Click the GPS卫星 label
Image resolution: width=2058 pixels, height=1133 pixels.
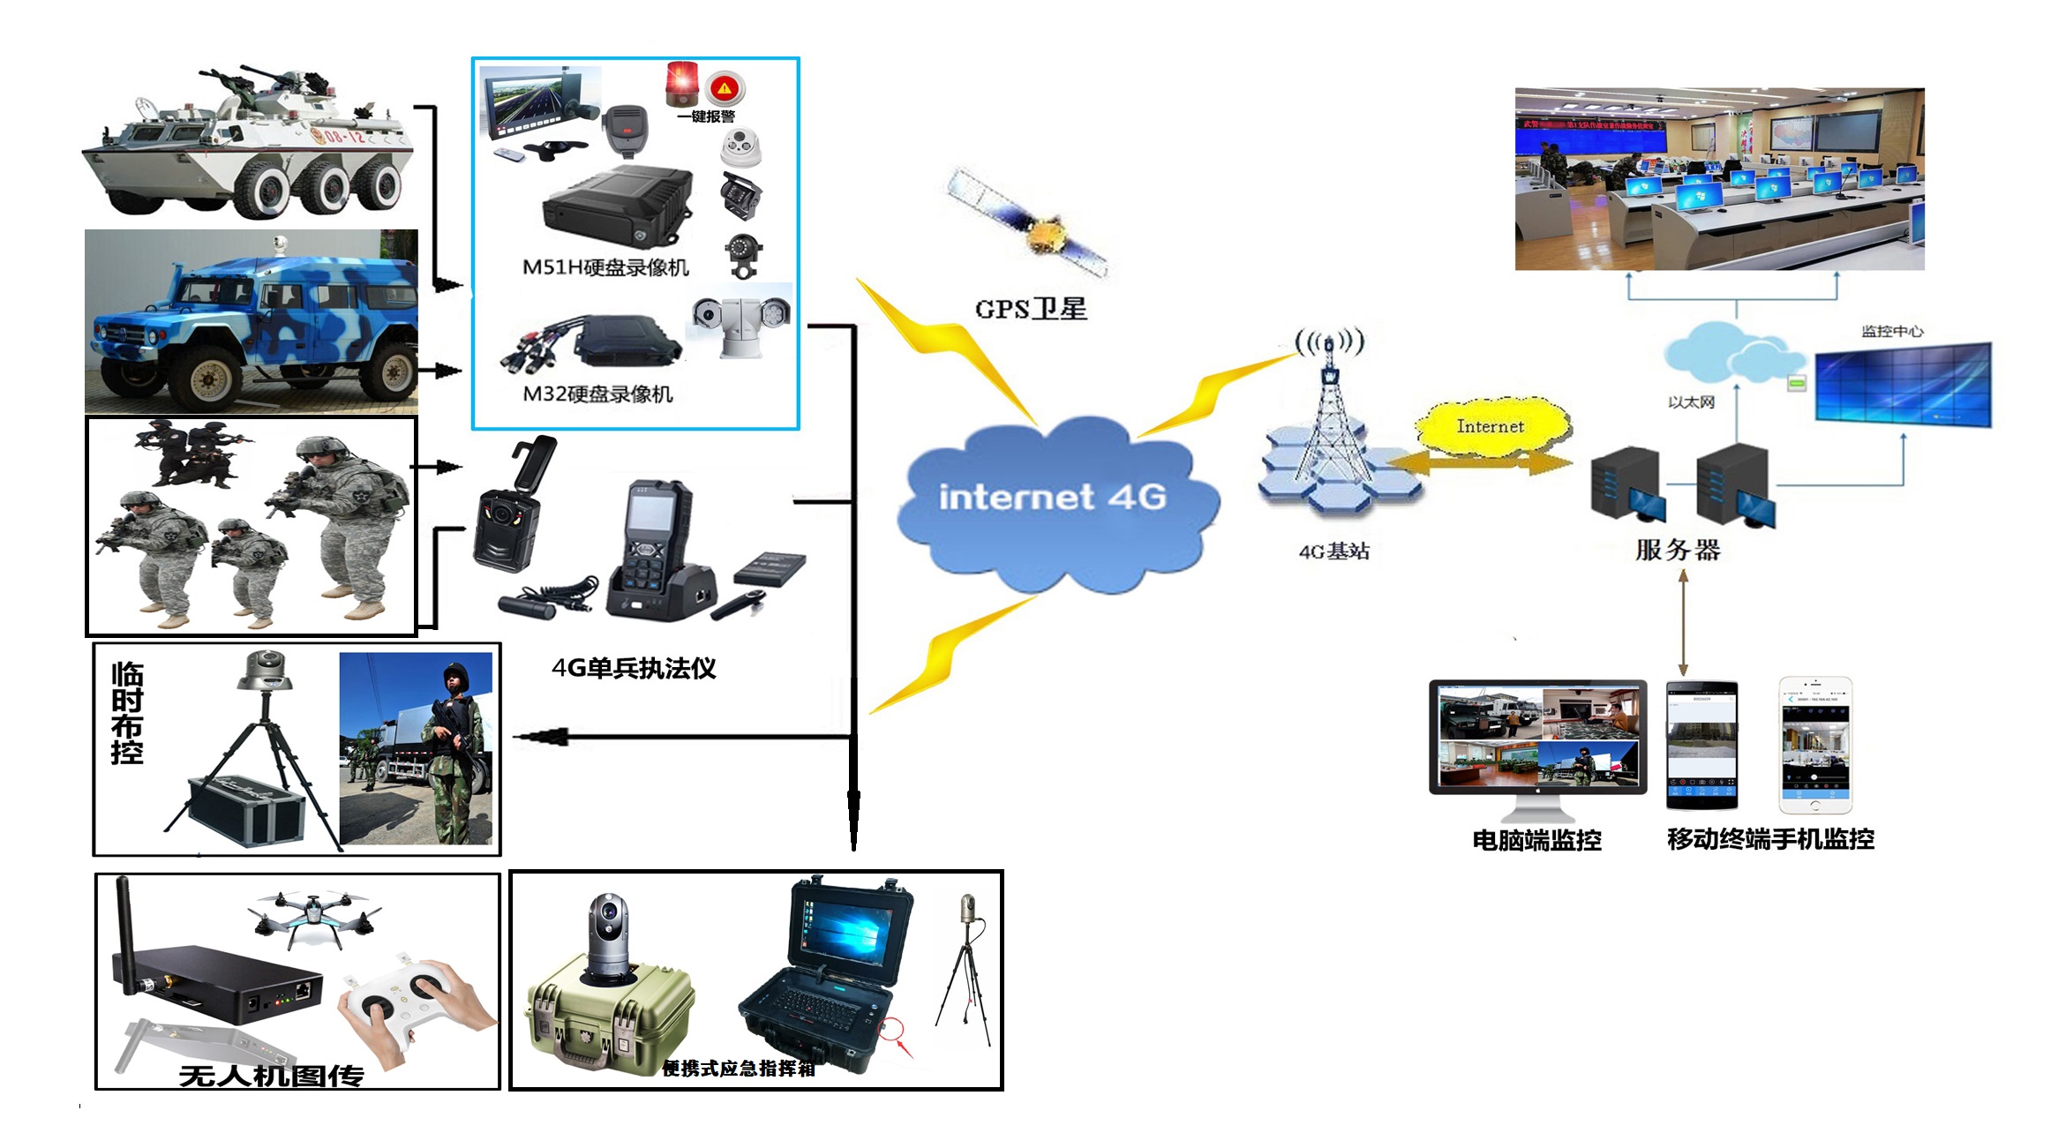tap(1030, 309)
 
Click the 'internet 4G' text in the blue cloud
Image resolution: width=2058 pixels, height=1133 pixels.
tap(1052, 497)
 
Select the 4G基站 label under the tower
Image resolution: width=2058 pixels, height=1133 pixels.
tap(1333, 551)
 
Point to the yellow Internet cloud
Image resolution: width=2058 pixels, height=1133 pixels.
tap(1491, 427)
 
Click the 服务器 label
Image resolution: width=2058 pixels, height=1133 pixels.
tap(1677, 550)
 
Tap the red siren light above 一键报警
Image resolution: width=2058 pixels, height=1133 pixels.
tap(681, 82)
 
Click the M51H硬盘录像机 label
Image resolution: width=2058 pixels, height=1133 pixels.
tap(605, 267)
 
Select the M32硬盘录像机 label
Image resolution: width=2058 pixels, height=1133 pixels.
tap(597, 394)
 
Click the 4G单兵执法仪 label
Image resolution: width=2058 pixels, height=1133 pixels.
tap(634, 668)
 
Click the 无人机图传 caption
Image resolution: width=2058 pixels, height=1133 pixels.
tap(271, 1076)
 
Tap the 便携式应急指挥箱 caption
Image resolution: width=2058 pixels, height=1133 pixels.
tap(739, 1069)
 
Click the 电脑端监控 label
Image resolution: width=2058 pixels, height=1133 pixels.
tap(1536, 839)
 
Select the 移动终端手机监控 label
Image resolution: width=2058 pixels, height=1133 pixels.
tap(1770, 838)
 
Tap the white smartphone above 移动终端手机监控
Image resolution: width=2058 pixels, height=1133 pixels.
tap(1814, 745)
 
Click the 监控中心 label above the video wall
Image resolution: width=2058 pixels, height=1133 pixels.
tap(1892, 331)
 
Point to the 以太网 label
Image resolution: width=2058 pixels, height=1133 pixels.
tap(1691, 402)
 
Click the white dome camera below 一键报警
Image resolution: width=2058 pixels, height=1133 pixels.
tap(740, 147)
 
